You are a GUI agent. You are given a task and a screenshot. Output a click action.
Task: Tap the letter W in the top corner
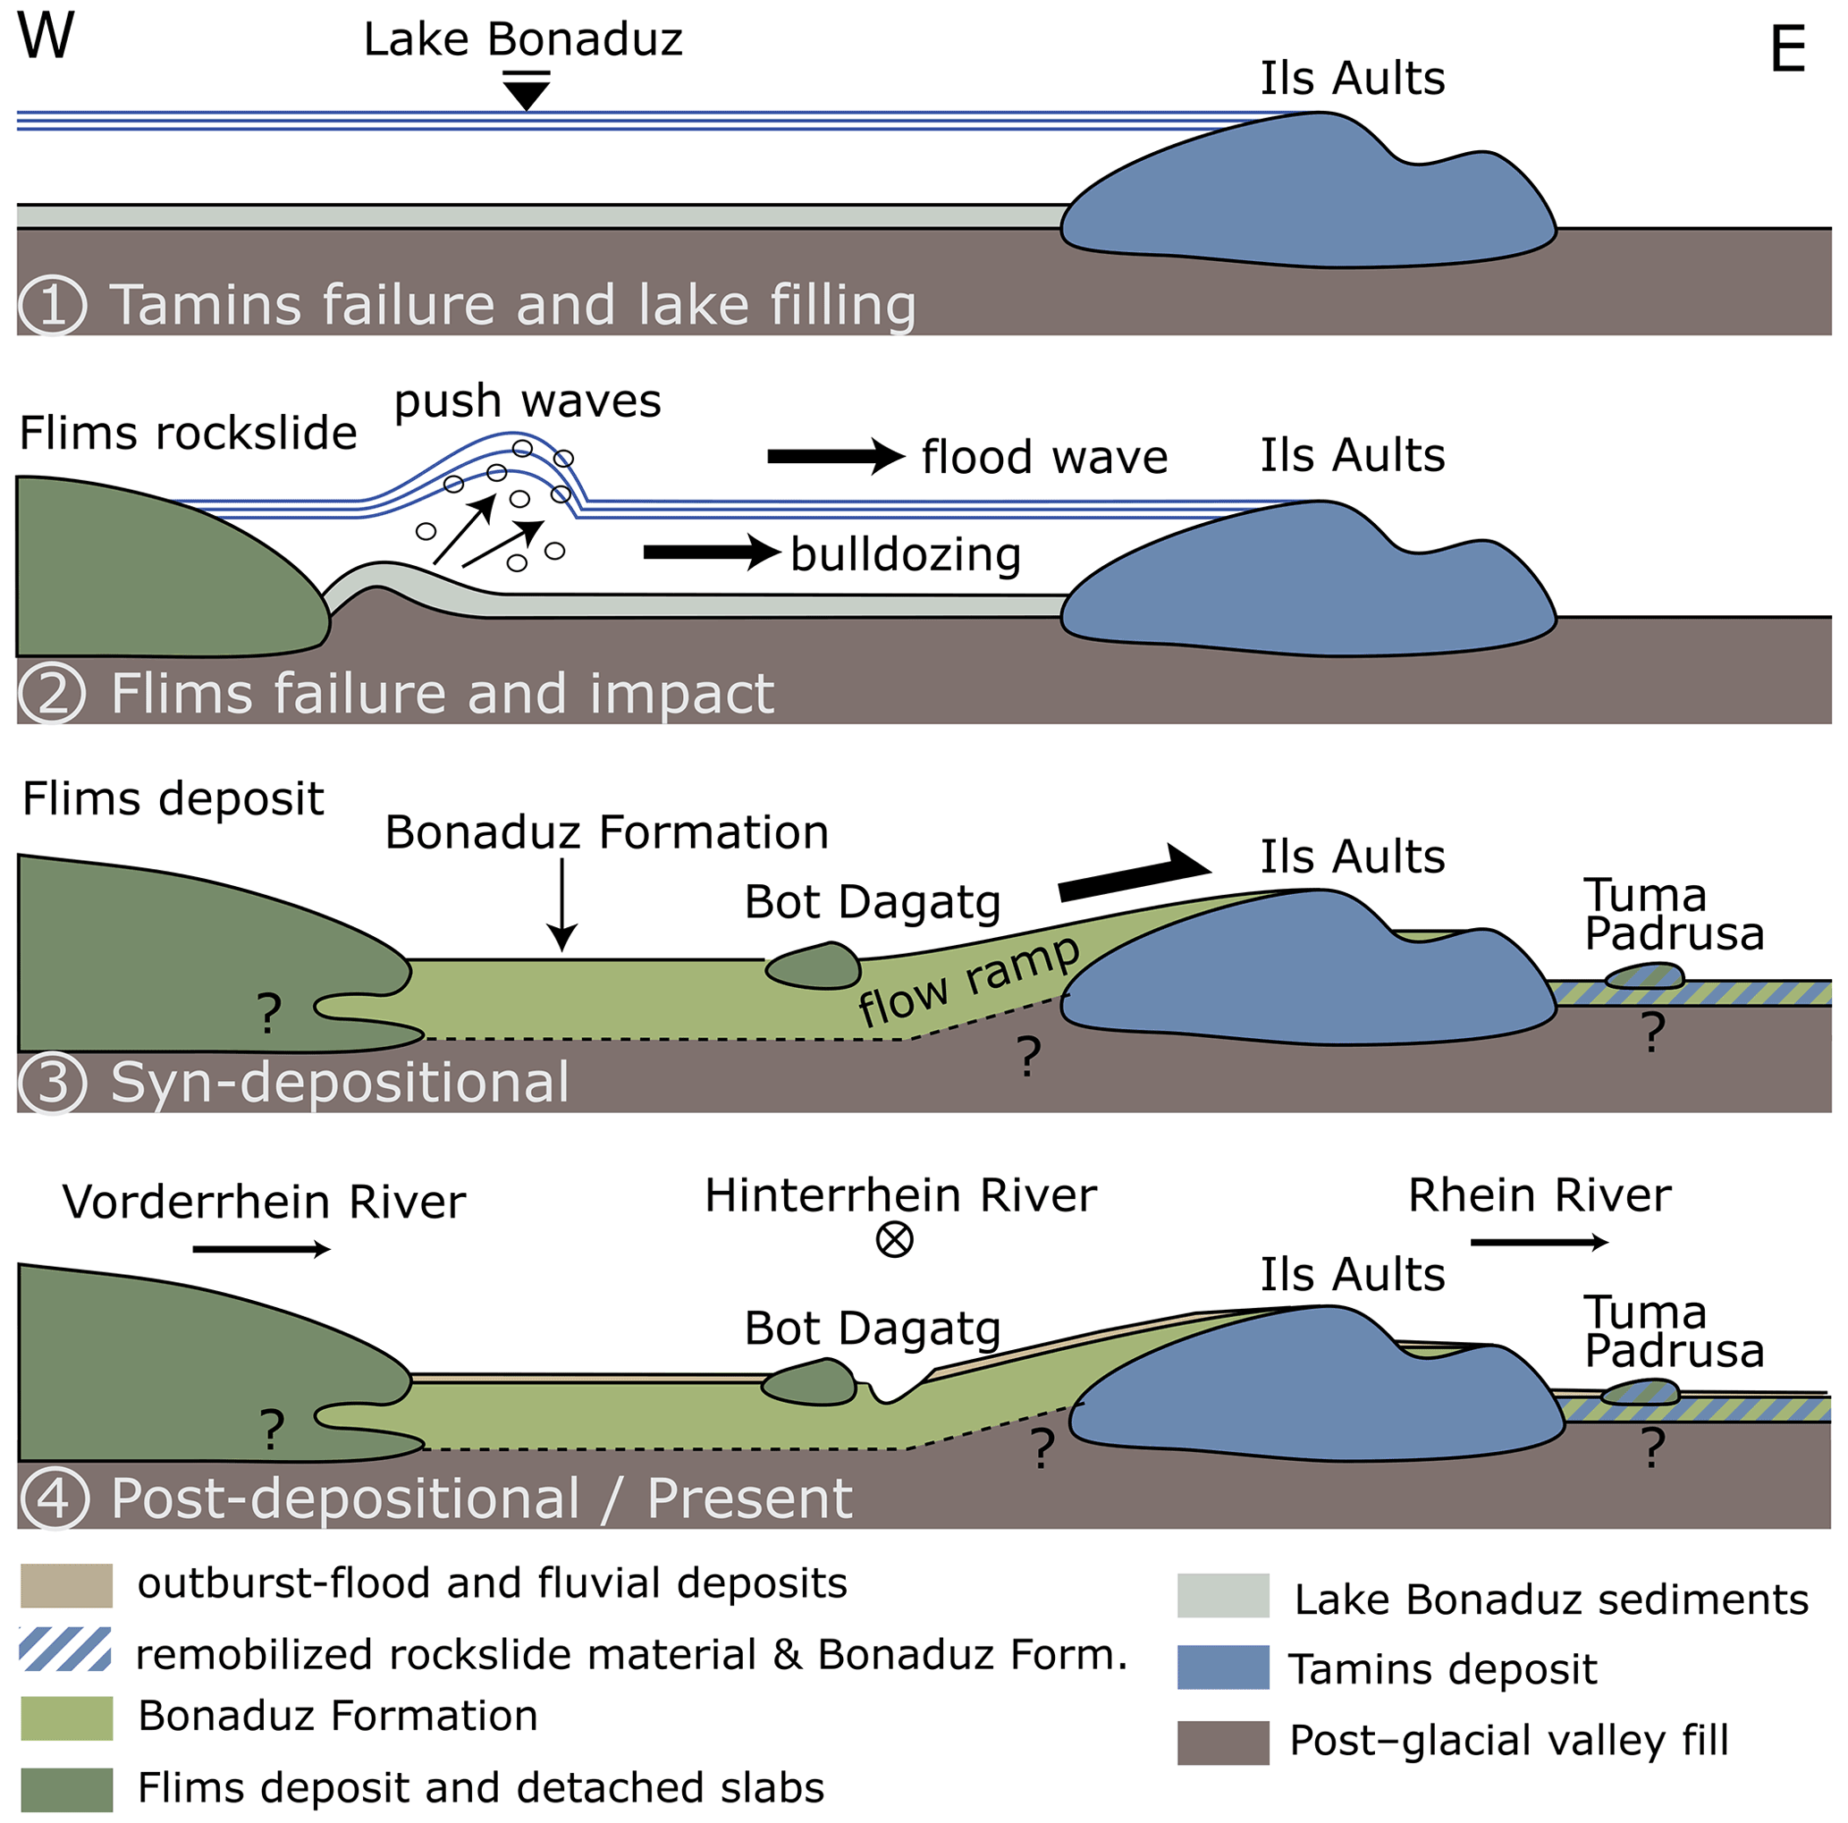45,37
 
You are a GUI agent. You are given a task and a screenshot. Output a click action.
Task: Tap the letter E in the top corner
1787,50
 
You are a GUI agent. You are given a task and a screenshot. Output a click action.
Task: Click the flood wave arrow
835,456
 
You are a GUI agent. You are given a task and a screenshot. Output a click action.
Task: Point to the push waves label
527,401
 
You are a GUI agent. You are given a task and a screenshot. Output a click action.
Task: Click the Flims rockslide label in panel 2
188,434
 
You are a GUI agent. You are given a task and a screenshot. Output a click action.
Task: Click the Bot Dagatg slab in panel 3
813,965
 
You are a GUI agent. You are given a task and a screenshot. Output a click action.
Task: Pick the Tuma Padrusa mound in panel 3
1643,976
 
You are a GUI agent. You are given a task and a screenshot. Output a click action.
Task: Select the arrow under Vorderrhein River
261,1249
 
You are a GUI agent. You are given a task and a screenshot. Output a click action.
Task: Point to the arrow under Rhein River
1539,1243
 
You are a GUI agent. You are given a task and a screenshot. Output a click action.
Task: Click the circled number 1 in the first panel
53,306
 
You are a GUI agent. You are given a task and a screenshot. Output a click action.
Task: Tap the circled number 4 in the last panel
55,1498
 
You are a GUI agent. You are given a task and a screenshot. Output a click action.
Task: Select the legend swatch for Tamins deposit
1222,1667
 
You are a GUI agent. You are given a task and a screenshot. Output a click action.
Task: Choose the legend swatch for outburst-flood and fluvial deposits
66,1585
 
